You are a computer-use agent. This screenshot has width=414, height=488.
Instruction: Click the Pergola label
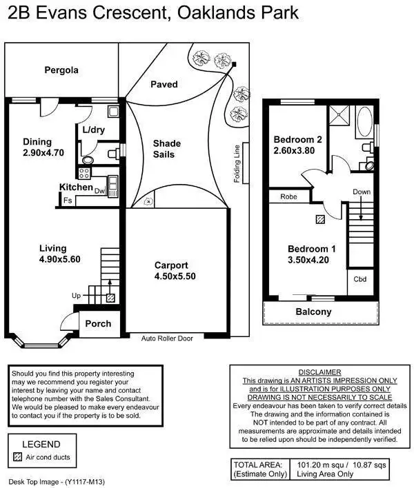[x=61, y=70]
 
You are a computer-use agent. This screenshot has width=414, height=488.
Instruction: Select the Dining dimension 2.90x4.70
[x=43, y=153]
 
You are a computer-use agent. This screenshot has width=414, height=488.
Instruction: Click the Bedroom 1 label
[x=311, y=249]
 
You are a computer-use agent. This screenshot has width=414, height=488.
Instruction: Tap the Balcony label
[x=313, y=312]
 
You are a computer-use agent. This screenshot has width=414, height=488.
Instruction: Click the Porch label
[x=97, y=324]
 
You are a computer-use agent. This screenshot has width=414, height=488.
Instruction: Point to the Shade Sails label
[x=166, y=149]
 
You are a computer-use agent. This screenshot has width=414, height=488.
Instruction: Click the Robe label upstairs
[x=288, y=196]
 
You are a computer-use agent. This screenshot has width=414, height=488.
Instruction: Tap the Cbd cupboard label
[x=359, y=279]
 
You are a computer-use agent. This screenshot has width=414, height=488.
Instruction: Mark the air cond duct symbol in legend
[x=18, y=457]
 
